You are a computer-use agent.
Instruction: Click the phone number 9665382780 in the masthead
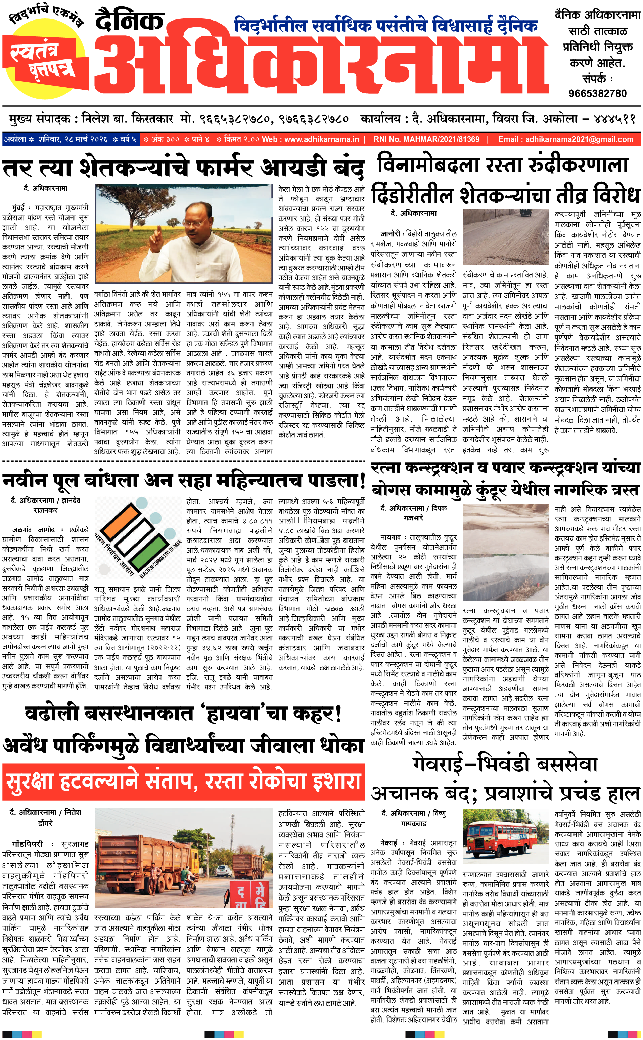[x=597, y=93]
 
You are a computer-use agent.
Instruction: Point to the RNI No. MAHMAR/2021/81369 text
[x=426, y=139]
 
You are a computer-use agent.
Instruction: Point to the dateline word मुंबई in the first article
[x=18, y=208]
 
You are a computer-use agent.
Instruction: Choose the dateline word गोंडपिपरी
[x=28, y=844]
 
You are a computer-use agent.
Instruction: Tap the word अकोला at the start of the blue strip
[x=15, y=139]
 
